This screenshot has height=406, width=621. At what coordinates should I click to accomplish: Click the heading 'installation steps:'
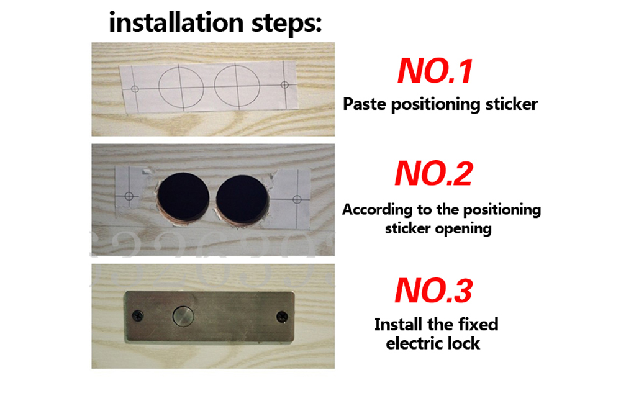coord(215,24)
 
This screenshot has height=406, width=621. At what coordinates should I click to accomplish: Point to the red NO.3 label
coord(433,290)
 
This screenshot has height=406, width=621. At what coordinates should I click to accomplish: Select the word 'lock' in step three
coord(463,343)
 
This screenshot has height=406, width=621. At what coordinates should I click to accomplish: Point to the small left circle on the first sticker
coord(135,89)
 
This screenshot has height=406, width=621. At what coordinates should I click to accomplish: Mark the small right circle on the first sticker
coord(284,84)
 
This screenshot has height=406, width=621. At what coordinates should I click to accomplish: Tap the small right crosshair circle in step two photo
coord(297,199)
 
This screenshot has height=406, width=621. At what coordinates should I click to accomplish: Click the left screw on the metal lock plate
coord(137,317)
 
